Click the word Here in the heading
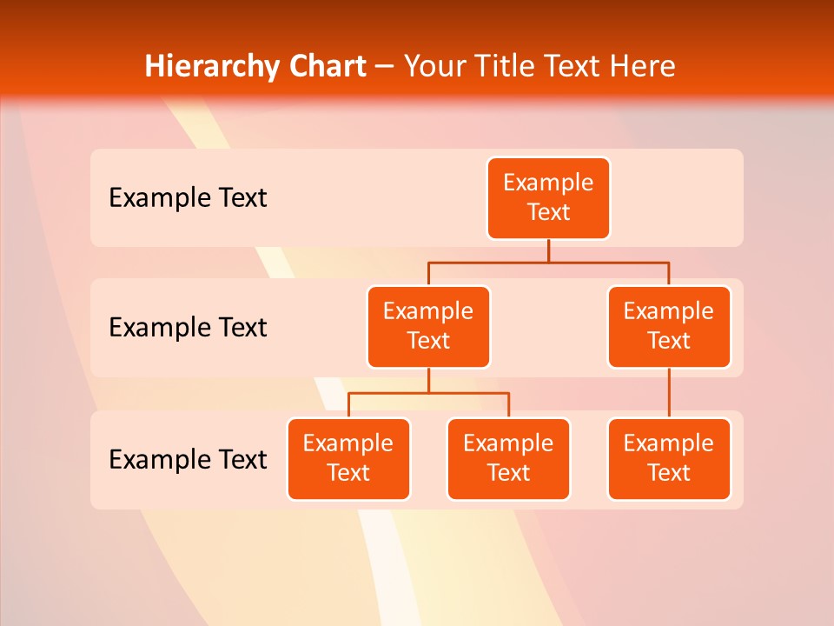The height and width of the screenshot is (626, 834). pos(641,67)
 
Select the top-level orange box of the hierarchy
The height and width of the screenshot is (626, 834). pos(548,197)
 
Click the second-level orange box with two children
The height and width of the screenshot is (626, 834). pos(428,326)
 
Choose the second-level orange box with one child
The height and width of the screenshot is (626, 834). pos(669,326)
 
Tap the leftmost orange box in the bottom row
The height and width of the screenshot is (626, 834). pos(348,458)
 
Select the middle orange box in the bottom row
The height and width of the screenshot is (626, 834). pos(508,458)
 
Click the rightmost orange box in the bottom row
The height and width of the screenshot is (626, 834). pos(669,458)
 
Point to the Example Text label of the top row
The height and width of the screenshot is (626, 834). pos(188,198)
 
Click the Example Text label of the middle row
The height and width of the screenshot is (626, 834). pos(188,328)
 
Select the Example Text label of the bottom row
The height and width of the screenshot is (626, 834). pos(188,459)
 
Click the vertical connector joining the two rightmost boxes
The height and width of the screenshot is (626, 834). pos(669,393)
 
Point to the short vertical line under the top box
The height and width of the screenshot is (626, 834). pos(548,250)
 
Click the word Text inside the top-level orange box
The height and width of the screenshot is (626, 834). pos(548,212)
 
